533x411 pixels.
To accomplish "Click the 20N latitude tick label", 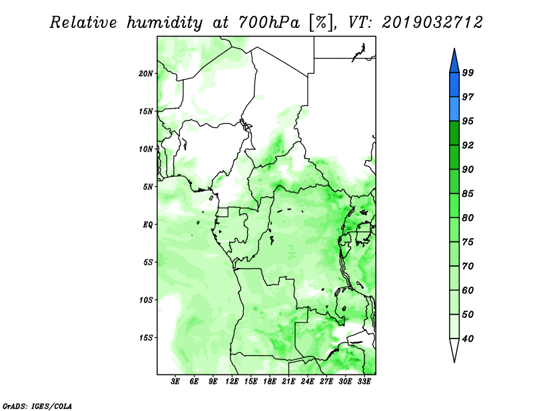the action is [x=146, y=74].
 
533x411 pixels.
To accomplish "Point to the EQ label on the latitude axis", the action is [x=148, y=225].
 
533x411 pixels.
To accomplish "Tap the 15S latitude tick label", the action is [x=146, y=338].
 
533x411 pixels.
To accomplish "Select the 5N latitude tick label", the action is [x=148, y=187].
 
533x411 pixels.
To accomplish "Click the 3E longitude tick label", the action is [x=175, y=382].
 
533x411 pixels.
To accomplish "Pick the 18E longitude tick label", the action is [x=270, y=382].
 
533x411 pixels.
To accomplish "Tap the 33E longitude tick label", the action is [x=364, y=382].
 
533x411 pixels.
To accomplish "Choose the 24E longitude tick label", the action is [x=307, y=382].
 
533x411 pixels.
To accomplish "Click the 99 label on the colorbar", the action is [x=468, y=72].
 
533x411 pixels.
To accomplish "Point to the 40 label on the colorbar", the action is [x=468, y=339].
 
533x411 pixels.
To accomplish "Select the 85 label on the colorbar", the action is [x=468, y=194].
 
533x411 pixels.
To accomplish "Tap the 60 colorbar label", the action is [x=468, y=290].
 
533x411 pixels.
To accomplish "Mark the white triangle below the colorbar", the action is [x=454, y=349].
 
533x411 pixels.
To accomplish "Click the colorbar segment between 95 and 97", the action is [x=454, y=109].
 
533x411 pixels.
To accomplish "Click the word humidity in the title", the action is [x=165, y=23].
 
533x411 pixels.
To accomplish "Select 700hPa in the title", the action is [x=269, y=23].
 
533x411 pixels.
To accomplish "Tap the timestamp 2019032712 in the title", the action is [x=432, y=23].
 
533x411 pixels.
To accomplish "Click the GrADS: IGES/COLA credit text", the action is [x=37, y=406].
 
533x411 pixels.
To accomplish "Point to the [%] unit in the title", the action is [x=322, y=23].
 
